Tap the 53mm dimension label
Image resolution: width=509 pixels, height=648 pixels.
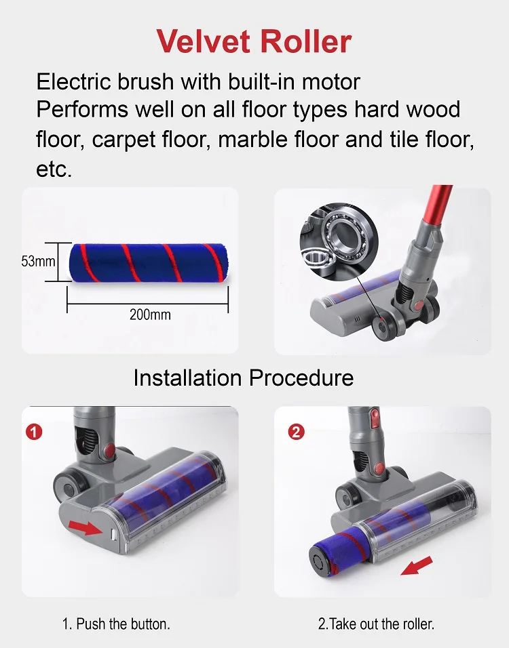[37, 261]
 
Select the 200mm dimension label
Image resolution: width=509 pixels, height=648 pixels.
[150, 314]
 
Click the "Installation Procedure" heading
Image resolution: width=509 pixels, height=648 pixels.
[243, 378]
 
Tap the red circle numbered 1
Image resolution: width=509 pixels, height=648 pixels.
[33, 431]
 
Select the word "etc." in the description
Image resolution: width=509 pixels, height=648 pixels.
[54, 169]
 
